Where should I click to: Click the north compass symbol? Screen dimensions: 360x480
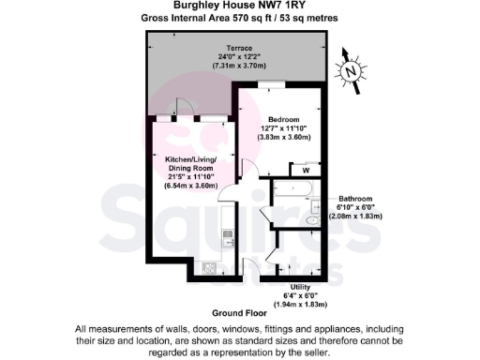click(x=352, y=69)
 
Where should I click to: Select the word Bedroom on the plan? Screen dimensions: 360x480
click(x=283, y=120)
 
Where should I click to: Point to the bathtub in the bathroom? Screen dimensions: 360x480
click(x=293, y=190)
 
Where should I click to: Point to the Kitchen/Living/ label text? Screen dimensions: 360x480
click(x=190, y=159)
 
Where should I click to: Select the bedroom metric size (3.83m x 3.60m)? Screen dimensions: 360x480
click(x=283, y=139)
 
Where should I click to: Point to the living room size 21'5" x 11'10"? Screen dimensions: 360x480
click(x=190, y=177)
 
